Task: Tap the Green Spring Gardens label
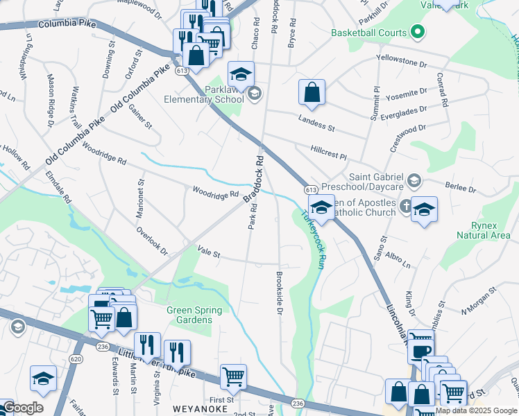click(194, 315)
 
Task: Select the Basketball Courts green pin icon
click(418, 32)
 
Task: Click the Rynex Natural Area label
click(483, 229)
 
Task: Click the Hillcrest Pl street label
click(328, 152)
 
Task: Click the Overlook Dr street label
click(152, 241)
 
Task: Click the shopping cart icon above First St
click(233, 376)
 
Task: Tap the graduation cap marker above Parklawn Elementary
click(241, 73)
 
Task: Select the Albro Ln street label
click(398, 261)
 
